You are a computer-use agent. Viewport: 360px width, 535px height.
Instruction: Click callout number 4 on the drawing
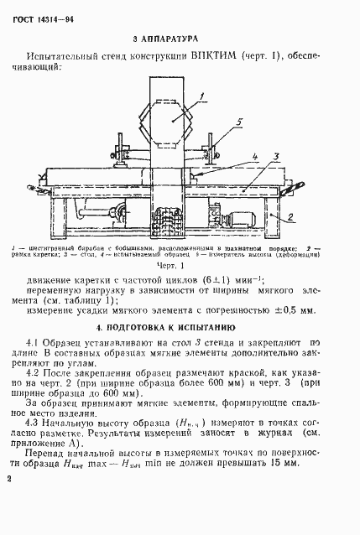pos(251,155)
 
